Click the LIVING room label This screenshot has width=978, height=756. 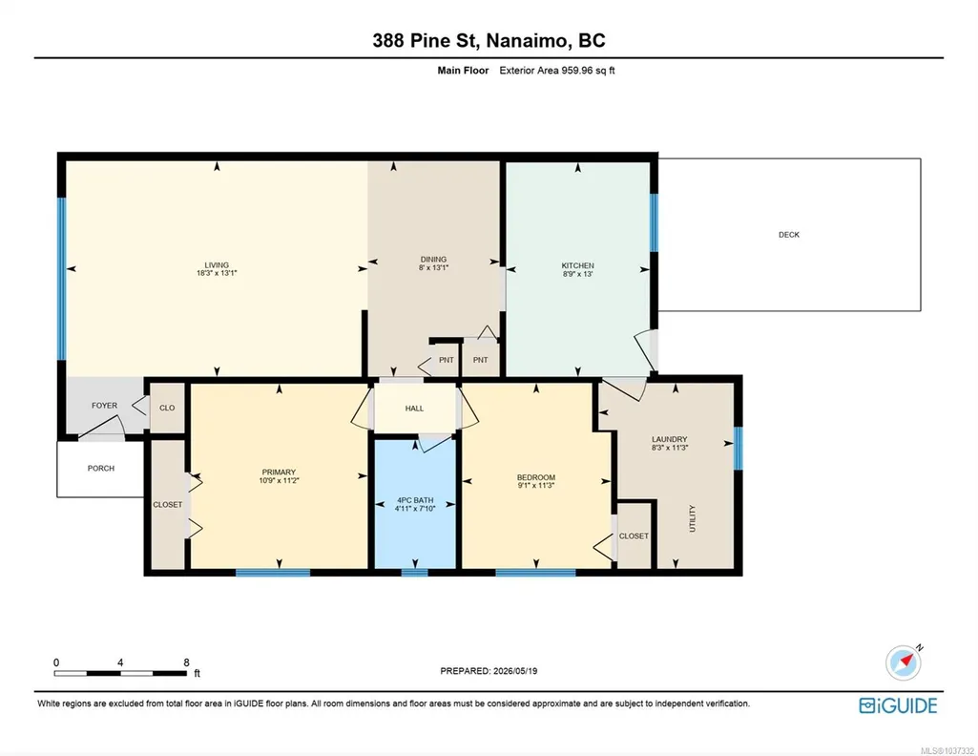click(x=217, y=264)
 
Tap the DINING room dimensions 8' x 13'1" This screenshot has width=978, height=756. click(x=433, y=267)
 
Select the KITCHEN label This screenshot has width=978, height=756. click(x=577, y=265)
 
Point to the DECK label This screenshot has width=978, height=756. click(x=789, y=235)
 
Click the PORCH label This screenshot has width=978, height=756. click(x=101, y=469)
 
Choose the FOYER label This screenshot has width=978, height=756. click(x=104, y=406)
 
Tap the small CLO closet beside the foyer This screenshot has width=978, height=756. click(x=167, y=408)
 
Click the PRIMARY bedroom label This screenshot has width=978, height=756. click(x=279, y=472)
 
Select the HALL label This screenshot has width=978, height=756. click(x=414, y=409)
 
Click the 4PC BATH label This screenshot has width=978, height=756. click(x=415, y=500)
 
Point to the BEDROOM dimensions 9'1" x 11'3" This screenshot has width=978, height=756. click(x=536, y=485)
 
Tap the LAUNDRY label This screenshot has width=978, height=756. click(x=670, y=439)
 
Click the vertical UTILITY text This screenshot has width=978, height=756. click(x=693, y=518)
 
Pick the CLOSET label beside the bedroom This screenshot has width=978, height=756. click(x=634, y=535)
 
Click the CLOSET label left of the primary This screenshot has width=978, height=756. click(x=168, y=505)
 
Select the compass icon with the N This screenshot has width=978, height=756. click(x=904, y=662)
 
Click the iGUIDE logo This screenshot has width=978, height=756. click(x=898, y=705)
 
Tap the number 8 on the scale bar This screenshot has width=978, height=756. click(x=186, y=662)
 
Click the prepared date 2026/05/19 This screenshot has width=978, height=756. click(x=515, y=671)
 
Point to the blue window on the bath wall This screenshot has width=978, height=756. click(x=414, y=572)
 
